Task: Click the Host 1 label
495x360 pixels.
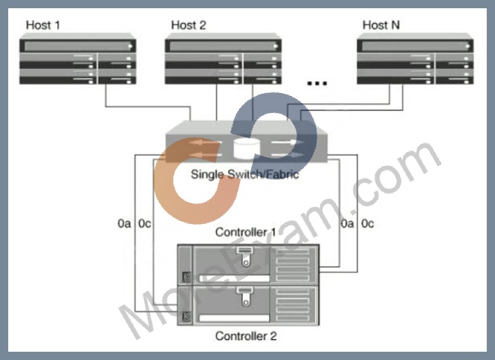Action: [x=43, y=25]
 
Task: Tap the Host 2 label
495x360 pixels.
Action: [x=189, y=25]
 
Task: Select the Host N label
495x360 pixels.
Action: [x=381, y=25]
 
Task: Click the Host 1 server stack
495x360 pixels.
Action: [x=77, y=59]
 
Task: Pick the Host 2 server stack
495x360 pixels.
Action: [x=223, y=59]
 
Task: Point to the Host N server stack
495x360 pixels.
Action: [x=415, y=59]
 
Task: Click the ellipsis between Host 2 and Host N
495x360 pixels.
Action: [x=317, y=83]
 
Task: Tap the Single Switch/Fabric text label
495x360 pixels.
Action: [x=245, y=174]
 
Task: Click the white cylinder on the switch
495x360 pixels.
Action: [x=247, y=148]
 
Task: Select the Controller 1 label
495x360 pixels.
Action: [x=245, y=232]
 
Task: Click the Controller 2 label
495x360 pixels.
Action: [x=246, y=336]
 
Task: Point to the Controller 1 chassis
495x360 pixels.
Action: [x=248, y=264]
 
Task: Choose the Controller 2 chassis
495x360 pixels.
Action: [x=248, y=305]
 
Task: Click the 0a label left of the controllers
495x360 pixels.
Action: [x=124, y=224]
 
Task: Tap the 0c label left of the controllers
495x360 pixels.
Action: [x=145, y=224]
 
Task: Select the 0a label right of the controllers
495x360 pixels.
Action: [x=347, y=224]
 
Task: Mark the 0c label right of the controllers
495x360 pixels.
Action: [x=368, y=224]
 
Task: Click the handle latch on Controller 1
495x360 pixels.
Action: [x=245, y=257]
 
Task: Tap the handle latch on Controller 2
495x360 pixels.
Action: [x=245, y=297]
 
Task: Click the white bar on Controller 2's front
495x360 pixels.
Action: [x=234, y=318]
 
